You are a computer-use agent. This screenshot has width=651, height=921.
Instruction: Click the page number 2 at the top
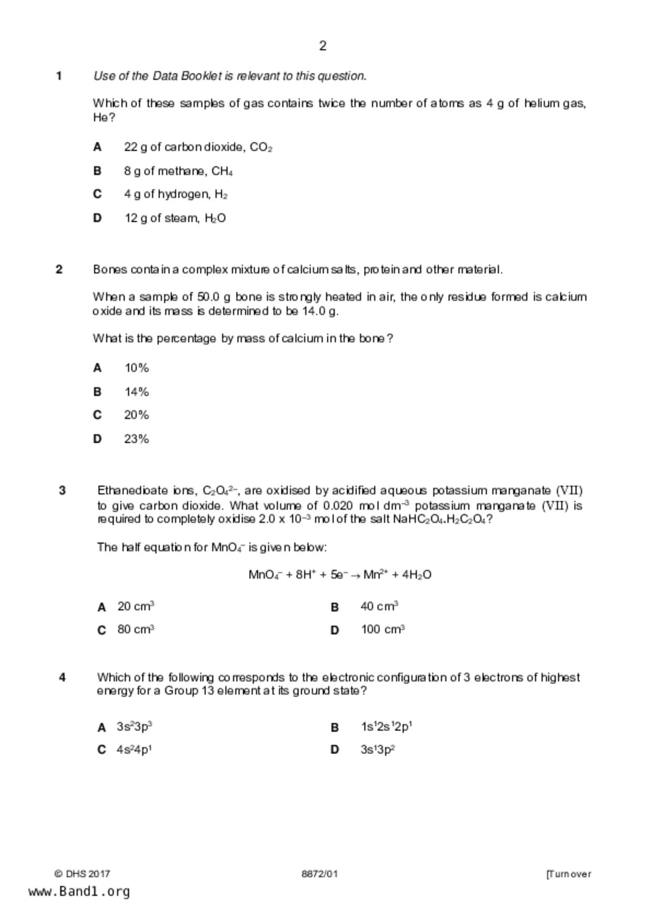pos(323,46)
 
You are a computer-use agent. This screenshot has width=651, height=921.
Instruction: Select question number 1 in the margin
pos(59,76)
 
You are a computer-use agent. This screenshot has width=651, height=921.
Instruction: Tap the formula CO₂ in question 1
pos(261,148)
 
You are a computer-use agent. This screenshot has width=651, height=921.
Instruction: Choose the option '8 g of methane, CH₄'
pos(178,171)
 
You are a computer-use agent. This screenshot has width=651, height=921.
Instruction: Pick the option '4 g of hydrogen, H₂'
pos(175,195)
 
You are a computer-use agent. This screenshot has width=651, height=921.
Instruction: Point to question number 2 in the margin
pos(59,269)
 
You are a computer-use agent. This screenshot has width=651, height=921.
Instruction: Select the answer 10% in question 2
pos(137,368)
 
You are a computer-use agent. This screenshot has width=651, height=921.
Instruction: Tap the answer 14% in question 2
pos(137,392)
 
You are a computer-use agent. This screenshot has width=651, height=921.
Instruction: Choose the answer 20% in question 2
pos(137,415)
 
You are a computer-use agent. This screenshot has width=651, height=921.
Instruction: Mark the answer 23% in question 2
pos(137,439)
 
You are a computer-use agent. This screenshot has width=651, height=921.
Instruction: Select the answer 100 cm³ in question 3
pos(383,630)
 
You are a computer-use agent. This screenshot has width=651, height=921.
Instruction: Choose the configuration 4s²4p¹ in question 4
pos(134,750)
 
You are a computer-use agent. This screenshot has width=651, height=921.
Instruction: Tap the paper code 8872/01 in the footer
pos(319,874)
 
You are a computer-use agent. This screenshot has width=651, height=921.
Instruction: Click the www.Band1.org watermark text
pos(79,892)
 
